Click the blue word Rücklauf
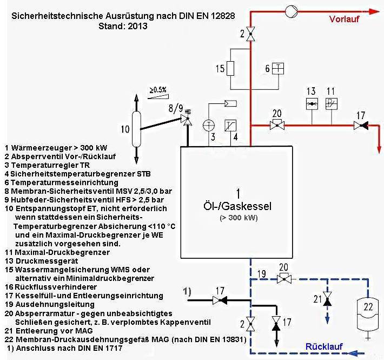coord(324,345)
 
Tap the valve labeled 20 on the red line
coord(277,126)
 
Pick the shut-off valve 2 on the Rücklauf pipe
coord(250,325)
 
